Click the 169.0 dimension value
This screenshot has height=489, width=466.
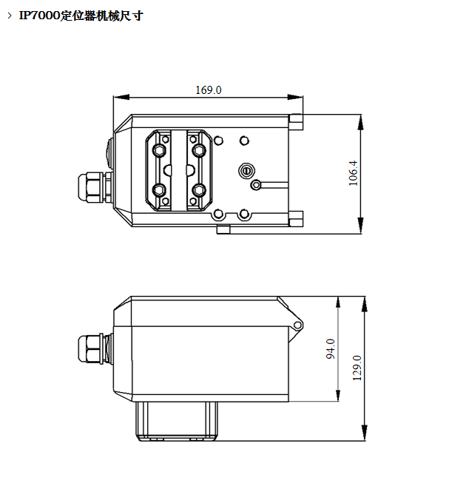click(x=209, y=90)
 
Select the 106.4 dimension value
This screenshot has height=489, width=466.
click(x=353, y=173)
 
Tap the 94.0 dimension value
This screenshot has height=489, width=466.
click(x=331, y=348)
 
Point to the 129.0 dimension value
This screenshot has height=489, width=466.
click(x=357, y=368)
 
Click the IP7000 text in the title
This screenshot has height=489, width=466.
click(x=39, y=16)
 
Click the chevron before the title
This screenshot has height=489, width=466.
click(x=10, y=16)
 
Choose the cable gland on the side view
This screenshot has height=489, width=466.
click(x=95, y=348)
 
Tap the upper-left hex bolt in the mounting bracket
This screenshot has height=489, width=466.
click(x=159, y=150)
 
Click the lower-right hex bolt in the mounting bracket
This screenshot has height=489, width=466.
click(x=199, y=189)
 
